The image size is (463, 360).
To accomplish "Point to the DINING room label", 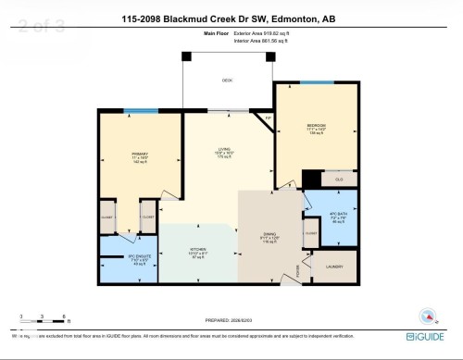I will pos(269,237).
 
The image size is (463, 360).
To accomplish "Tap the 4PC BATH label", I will pos(337,218).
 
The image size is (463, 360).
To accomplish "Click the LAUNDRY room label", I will pos(334,267).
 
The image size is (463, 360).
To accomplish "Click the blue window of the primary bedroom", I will pos(142,112).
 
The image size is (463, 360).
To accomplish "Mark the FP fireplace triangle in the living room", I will pos(269,118).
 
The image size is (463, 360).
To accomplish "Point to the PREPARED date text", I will pos(229,321).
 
